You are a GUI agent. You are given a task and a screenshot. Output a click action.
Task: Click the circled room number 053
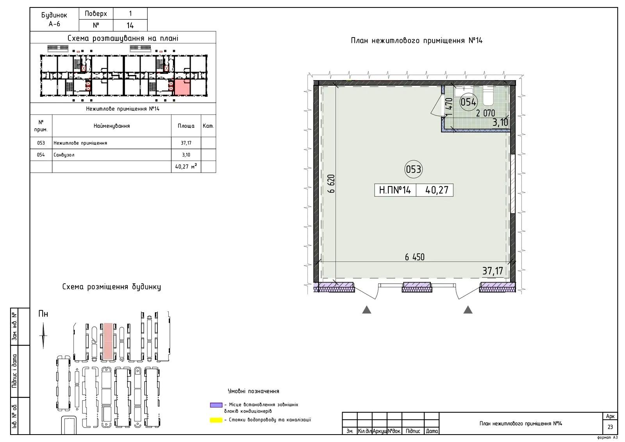(x=414, y=169)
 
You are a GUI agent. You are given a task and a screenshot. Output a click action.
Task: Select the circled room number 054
(x=468, y=102)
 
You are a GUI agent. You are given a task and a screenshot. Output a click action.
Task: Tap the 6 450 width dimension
(x=414, y=257)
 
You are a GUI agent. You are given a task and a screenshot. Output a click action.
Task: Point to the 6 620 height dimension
(x=331, y=183)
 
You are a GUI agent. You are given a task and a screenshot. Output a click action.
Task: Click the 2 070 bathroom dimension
(x=486, y=113)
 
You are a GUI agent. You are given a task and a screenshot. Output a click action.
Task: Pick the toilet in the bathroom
(x=488, y=96)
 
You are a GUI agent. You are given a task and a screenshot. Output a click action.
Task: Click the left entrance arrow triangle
(x=367, y=310)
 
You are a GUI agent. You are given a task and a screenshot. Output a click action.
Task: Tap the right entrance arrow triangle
(x=468, y=310)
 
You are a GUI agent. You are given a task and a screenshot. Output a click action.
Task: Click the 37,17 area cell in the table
(x=186, y=143)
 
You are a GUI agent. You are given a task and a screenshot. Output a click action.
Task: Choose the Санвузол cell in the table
(x=112, y=155)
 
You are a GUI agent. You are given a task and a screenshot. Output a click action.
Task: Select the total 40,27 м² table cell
(x=186, y=167)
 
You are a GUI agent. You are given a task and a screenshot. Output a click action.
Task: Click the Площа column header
(x=186, y=126)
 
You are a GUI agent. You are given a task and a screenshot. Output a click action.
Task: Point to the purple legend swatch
(x=216, y=405)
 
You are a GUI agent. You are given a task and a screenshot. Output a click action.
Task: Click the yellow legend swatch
(x=216, y=420)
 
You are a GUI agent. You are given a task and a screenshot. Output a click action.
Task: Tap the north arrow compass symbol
(x=43, y=336)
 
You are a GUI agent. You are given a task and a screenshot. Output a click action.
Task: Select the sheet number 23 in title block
(x=610, y=427)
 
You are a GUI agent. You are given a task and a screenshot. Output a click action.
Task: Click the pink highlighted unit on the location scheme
(x=182, y=87)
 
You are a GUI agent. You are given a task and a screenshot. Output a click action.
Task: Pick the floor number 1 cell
(x=130, y=13)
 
